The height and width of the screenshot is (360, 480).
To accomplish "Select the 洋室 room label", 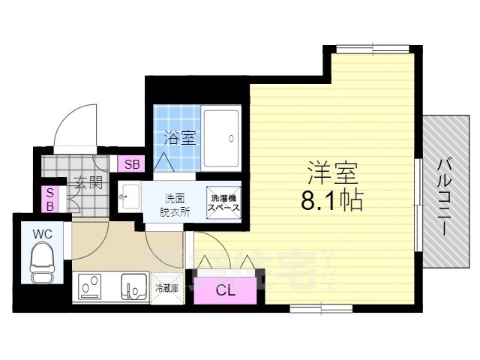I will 331,173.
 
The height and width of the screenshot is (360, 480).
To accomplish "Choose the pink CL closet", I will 225,290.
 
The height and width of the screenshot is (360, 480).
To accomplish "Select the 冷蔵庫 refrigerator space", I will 166,287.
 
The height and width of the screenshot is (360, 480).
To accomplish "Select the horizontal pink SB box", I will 132,164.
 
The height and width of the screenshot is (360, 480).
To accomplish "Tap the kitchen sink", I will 136,287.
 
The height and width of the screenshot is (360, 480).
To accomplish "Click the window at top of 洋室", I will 367,49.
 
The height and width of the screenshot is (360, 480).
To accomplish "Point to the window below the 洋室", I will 310,307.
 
